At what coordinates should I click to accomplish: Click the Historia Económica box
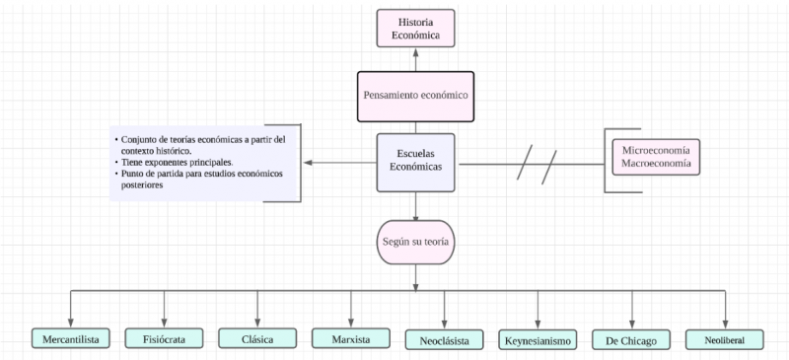pyautogui.click(x=415, y=28)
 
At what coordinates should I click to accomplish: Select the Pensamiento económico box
pyautogui.click(x=415, y=96)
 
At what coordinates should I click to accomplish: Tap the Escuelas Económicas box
pyautogui.click(x=415, y=161)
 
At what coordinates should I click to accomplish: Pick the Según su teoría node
pyautogui.click(x=415, y=242)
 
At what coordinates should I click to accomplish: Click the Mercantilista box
pyautogui.click(x=71, y=338)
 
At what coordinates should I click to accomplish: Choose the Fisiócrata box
pyautogui.click(x=164, y=338)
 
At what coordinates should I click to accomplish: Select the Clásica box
pyautogui.click(x=257, y=338)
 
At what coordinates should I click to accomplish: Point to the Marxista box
pyautogui.click(x=351, y=338)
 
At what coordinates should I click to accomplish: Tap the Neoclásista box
pyautogui.click(x=444, y=340)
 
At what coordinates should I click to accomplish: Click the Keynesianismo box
pyautogui.click(x=538, y=340)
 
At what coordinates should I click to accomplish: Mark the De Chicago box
pyautogui.click(x=631, y=340)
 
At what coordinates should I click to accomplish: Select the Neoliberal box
pyautogui.click(x=725, y=339)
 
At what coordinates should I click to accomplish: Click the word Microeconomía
pyautogui.click(x=655, y=148)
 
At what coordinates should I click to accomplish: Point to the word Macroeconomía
pyautogui.click(x=655, y=163)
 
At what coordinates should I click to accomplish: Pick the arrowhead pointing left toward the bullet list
pyautogui.click(x=309, y=163)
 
